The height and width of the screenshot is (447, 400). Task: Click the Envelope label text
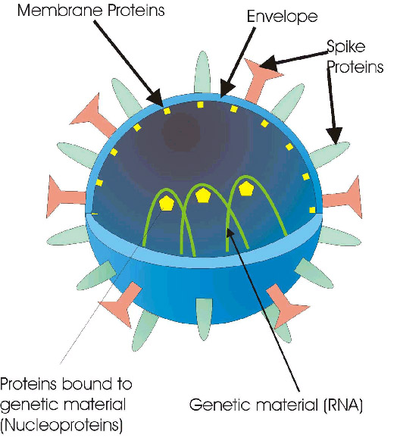point(282,17)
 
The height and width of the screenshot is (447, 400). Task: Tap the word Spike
point(345,47)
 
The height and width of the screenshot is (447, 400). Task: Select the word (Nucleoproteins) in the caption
point(61,425)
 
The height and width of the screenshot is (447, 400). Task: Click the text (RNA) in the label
point(342,405)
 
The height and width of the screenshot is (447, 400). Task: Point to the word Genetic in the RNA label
point(217,405)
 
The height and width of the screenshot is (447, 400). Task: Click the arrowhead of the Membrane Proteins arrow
point(156,98)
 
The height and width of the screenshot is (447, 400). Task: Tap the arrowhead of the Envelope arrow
point(227,90)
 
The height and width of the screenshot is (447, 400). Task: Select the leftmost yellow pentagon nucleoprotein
point(166,203)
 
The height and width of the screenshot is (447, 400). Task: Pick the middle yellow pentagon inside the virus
point(202,195)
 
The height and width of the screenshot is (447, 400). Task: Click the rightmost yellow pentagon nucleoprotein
point(245,189)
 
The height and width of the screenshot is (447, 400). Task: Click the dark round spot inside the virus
point(180,133)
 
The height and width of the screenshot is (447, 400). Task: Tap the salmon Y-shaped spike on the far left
point(66,197)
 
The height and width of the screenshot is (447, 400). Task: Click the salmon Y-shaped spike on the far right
point(342,197)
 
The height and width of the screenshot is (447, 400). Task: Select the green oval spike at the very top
point(202,73)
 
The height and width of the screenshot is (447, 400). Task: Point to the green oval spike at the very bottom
point(204,319)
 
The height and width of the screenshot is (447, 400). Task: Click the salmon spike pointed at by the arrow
point(261,78)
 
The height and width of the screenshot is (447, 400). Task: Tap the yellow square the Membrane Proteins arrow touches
point(167,111)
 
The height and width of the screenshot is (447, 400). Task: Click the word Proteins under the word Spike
point(355,67)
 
